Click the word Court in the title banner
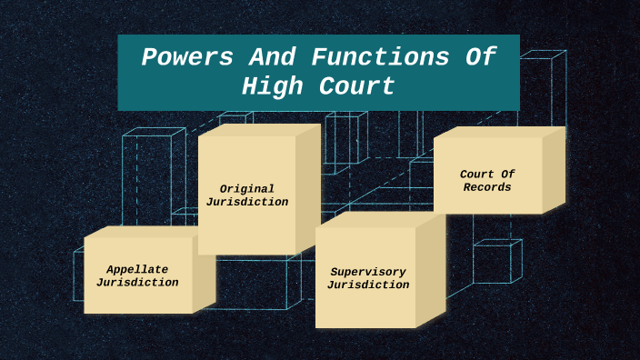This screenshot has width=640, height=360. (x=356, y=86)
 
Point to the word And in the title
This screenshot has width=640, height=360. (x=270, y=57)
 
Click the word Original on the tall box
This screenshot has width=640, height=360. (x=246, y=189)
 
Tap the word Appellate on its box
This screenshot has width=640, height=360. (x=137, y=269)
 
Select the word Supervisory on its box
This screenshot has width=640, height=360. (x=367, y=272)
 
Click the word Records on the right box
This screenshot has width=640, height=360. (x=487, y=187)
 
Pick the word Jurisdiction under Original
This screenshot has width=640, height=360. (x=246, y=202)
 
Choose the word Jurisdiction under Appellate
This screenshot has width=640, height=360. (x=137, y=282)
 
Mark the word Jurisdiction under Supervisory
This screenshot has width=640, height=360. (x=367, y=285)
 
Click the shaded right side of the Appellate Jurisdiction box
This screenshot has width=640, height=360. (x=205, y=273)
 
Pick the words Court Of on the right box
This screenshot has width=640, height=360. (x=488, y=175)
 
